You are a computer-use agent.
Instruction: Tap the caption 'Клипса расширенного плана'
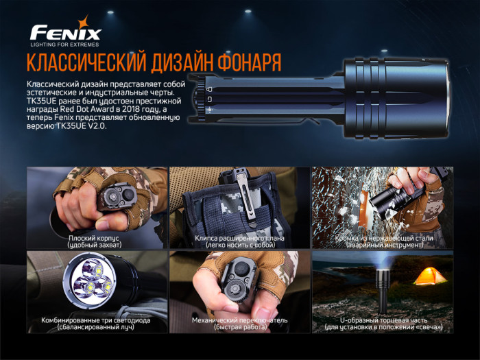point(239,237)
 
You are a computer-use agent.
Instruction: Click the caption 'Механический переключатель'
point(239,320)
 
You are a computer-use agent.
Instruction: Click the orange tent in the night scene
point(430,276)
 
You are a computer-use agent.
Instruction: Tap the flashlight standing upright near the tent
point(382,288)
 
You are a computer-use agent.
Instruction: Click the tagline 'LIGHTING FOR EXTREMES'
point(65,43)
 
